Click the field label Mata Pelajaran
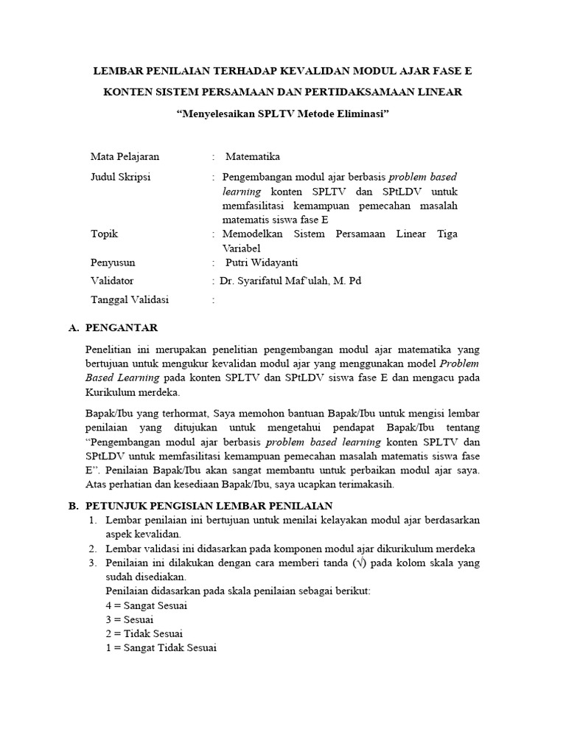(x=125, y=157)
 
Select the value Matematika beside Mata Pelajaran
(x=252, y=157)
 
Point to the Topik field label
(x=104, y=234)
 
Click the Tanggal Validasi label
(x=129, y=299)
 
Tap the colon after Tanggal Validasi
(x=213, y=300)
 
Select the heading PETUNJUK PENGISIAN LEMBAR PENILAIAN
(x=209, y=506)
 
